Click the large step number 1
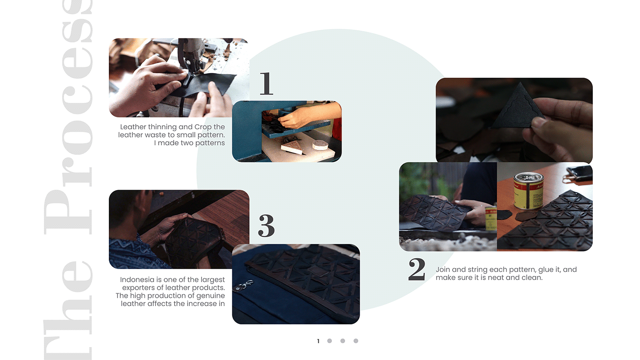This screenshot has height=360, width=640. (267, 83)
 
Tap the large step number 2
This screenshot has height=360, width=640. (417, 269)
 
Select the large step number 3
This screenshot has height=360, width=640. (266, 226)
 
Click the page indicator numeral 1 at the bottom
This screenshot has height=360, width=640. (318, 341)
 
